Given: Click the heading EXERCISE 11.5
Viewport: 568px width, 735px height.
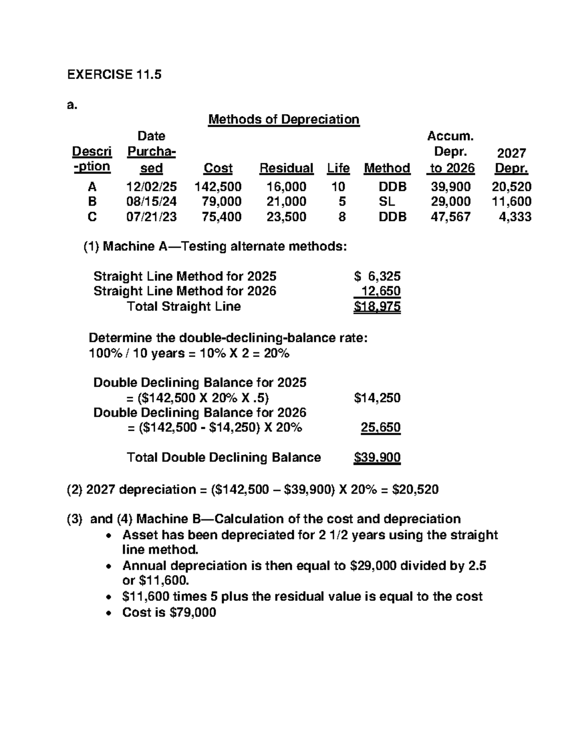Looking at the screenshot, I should pos(114,74).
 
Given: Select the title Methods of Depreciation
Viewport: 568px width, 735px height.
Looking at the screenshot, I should pos(284,119).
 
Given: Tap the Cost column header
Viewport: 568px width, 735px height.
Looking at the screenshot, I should pos(218,168).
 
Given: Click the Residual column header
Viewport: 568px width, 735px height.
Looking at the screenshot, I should pos(286,168).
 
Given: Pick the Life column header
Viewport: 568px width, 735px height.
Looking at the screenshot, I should pos(338,168).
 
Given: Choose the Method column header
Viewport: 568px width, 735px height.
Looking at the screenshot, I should pos(387,168).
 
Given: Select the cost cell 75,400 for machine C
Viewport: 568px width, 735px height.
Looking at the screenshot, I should pos(218,217).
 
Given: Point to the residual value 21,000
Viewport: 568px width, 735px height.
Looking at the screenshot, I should pos(286,202).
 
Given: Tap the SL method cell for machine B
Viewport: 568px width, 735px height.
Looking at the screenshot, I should pos(387,202).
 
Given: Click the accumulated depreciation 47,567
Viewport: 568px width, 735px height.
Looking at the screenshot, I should pos(451,217).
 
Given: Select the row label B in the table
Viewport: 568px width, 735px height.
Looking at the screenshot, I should pos(92,202).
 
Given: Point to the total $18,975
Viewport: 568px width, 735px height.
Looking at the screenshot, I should pos(377,307).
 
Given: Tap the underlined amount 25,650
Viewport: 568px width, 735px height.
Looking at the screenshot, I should pos(381,427).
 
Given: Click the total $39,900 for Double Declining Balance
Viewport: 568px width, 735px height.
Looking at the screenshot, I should pos(377,458).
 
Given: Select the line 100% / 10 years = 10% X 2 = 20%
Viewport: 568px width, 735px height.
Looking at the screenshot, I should pos(189,354).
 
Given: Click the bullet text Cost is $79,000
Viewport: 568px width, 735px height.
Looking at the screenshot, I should pos(169,612).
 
